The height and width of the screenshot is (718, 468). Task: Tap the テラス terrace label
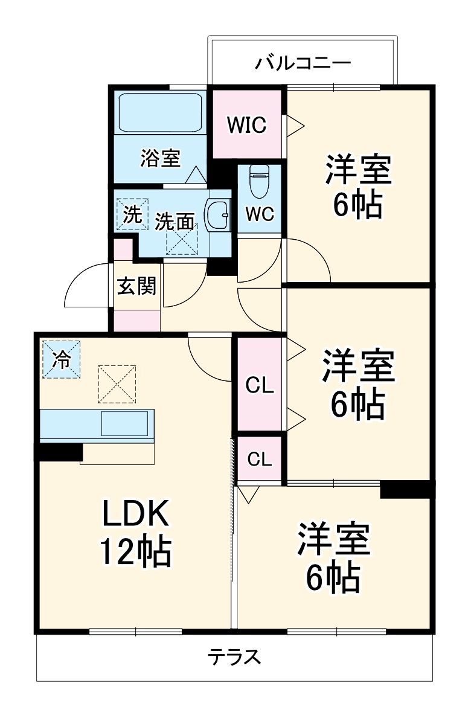236,657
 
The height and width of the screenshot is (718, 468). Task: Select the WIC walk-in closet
246,125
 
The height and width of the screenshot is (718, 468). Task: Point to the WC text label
260,214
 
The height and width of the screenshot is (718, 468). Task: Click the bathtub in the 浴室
159,112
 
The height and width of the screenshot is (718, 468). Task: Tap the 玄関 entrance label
136,286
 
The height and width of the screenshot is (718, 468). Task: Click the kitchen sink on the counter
124,423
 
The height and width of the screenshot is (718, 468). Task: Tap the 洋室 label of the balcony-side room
359,170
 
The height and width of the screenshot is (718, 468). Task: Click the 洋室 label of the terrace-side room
333,540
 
